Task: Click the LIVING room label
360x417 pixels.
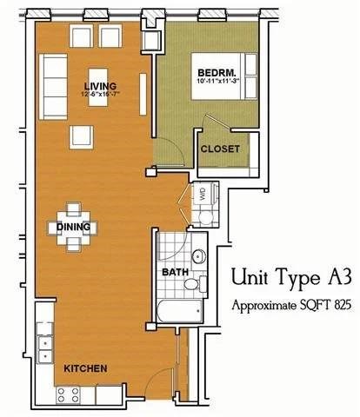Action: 100,85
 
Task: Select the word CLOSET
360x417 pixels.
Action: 219,149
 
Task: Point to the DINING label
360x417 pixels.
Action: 73,228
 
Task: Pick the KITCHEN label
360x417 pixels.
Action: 85,369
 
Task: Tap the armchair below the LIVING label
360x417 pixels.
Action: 82,136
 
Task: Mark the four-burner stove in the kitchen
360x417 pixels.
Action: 69,394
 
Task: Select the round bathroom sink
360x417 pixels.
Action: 198,256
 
